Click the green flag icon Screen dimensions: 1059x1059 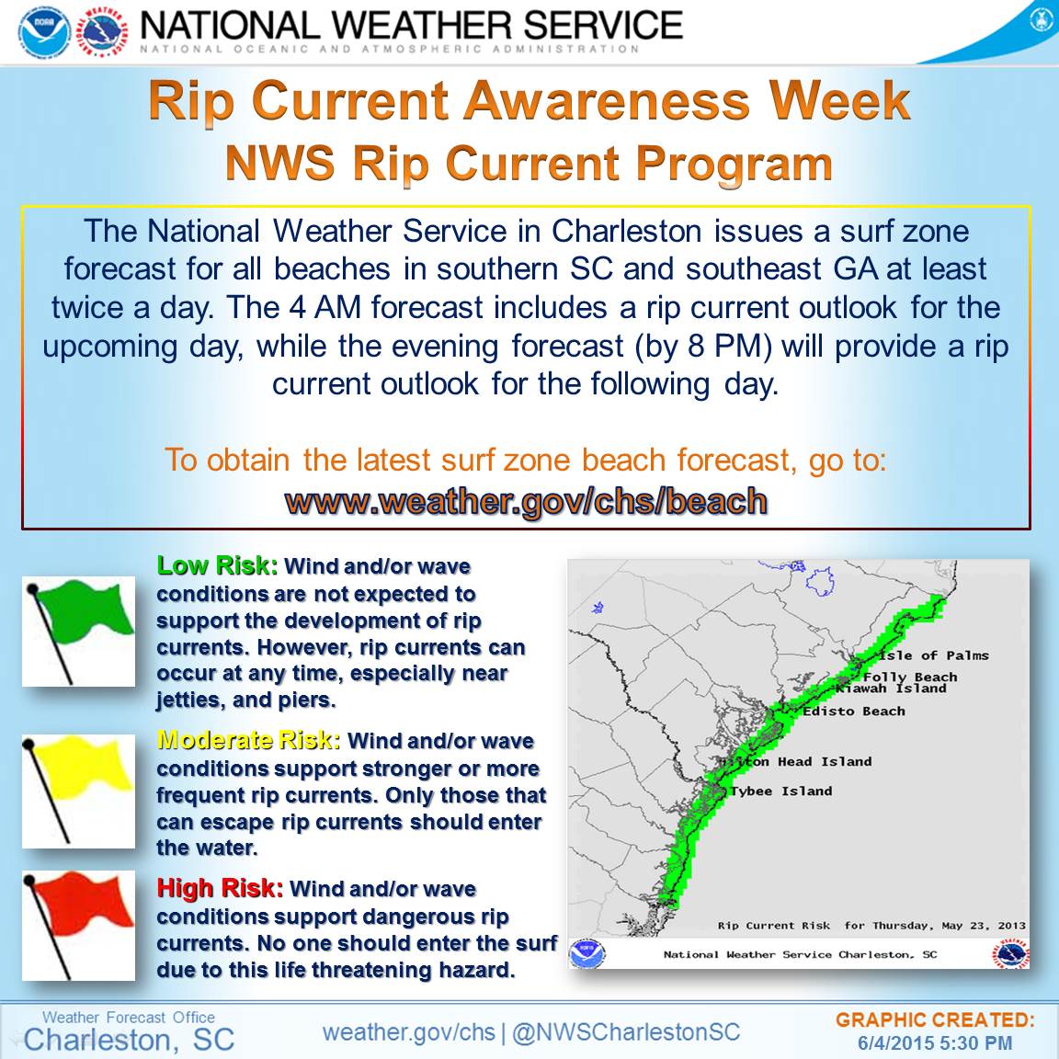[x=78, y=631]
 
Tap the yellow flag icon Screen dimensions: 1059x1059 [x=78, y=791]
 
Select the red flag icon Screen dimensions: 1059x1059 [x=78, y=926]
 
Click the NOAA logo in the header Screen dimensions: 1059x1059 [x=44, y=32]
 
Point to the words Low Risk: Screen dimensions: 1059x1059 [x=217, y=566]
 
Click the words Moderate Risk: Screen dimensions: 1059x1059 [x=248, y=740]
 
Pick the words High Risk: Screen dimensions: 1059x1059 [x=220, y=887]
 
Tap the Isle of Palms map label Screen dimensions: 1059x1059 [x=934, y=655]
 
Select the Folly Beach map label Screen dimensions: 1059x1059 [x=910, y=677]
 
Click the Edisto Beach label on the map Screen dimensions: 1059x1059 [x=854, y=712]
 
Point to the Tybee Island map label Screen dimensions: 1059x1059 [x=781, y=791]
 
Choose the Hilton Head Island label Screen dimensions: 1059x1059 [x=794, y=762]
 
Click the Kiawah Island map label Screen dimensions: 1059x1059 [x=891, y=689]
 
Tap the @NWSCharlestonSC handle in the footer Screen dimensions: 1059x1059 [x=626, y=1032]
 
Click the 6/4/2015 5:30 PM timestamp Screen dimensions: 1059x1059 [x=935, y=1042]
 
